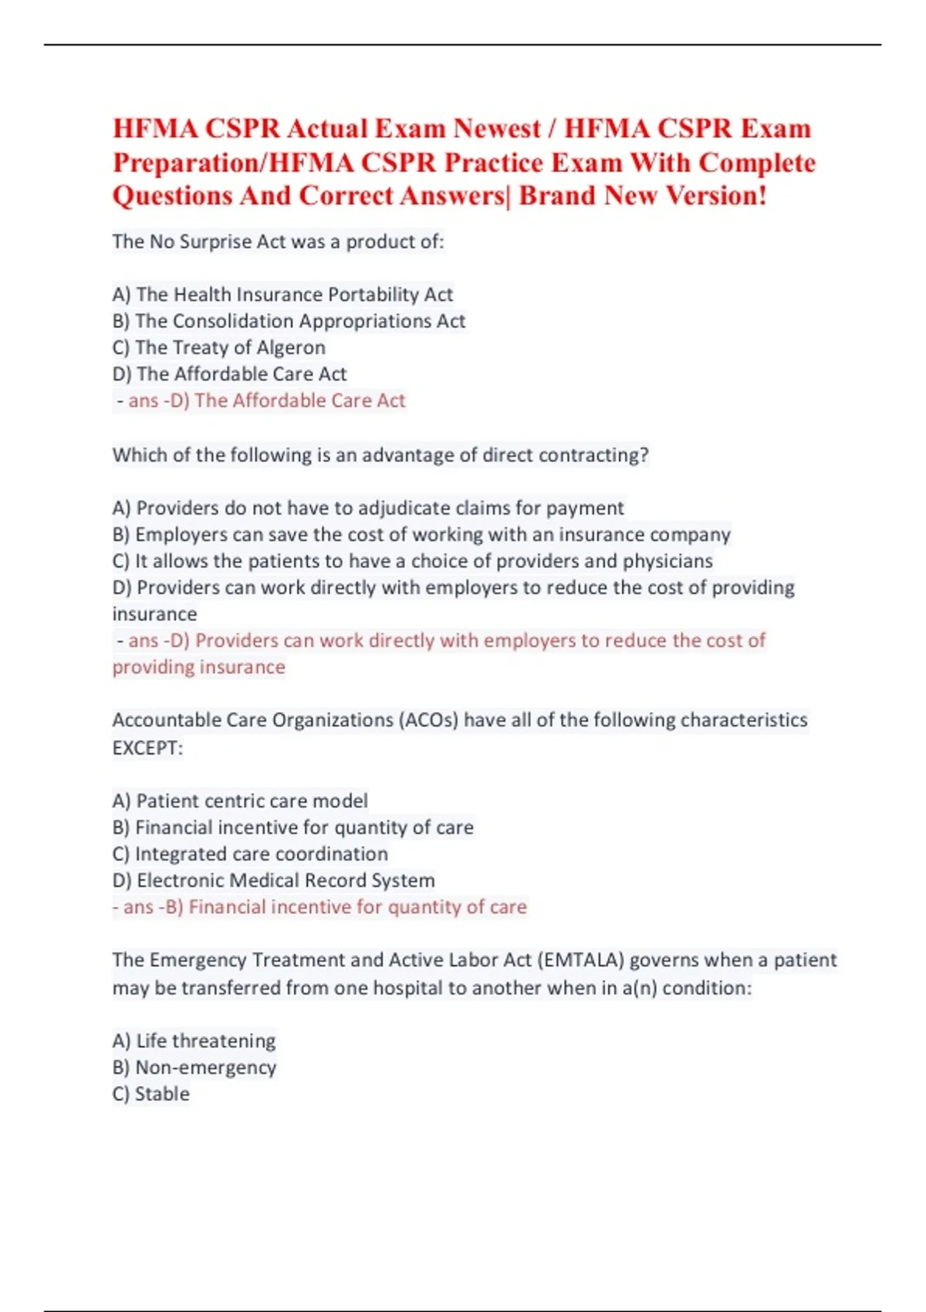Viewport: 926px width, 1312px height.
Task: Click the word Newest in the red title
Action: coord(497,128)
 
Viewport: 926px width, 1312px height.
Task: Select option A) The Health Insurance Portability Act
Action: coord(282,295)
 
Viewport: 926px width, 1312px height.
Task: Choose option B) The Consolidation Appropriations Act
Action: coord(289,321)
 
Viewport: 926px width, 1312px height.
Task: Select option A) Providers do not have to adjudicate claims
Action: coord(367,508)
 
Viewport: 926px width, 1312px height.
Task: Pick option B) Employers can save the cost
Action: coord(421,535)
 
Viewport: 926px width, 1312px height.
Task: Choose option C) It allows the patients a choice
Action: coord(412,561)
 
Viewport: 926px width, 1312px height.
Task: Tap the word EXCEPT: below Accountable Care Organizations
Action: coord(147,748)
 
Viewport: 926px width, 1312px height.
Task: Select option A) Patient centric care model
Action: coord(240,801)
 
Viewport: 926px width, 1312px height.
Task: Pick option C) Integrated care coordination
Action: coord(250,854)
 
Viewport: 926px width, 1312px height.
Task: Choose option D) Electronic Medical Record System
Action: coord(273,881)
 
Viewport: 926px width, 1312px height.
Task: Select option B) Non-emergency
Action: coord(194,1067)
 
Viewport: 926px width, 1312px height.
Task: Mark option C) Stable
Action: coord(150,1094)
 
